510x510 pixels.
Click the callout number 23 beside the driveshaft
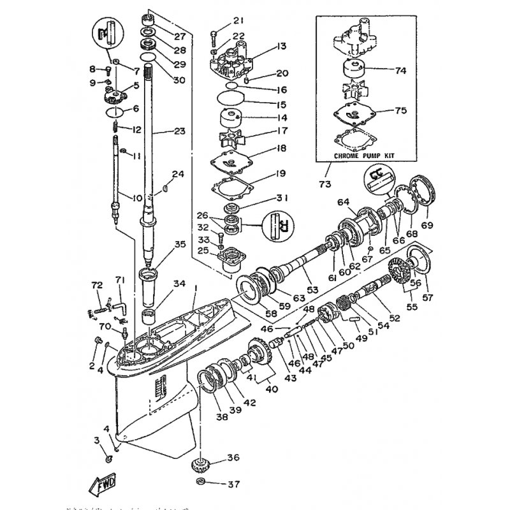click(179, 132)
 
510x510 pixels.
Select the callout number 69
click(426, 225)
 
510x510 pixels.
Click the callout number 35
click(180, 244)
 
